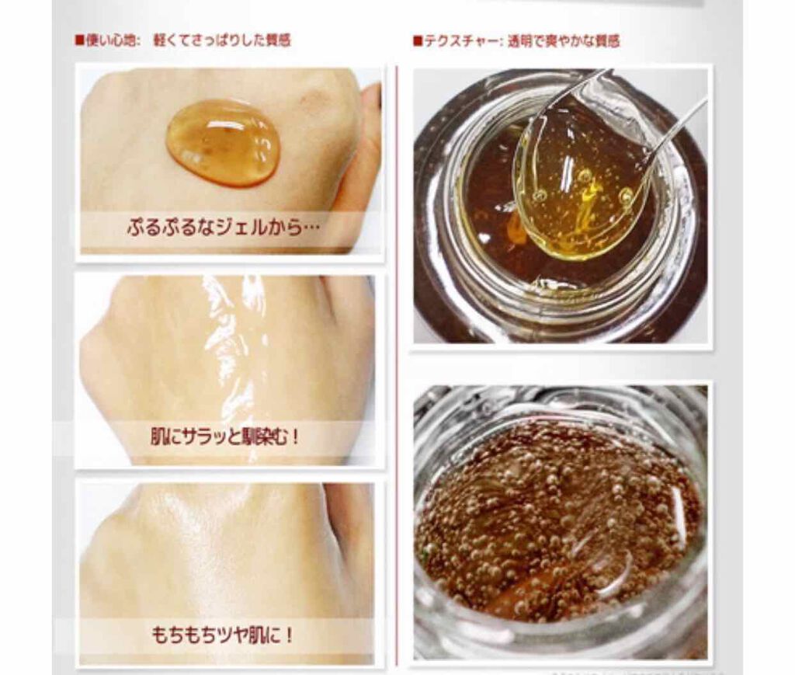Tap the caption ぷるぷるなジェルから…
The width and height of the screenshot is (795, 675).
pyautogui.click(x=224, y=230)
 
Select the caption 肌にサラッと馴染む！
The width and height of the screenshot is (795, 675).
pyautogui.click(x=225, y=438)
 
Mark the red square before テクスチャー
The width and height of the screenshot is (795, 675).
pyautogui.click(x=418, y=40)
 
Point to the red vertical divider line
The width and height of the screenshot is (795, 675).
pyautogui.click(x=397, y=350)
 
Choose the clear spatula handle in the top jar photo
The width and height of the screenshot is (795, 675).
pyautogui.click(x=683, y=124)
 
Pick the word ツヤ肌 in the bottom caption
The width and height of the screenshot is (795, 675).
pyautogui.click(x=248, y=634)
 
